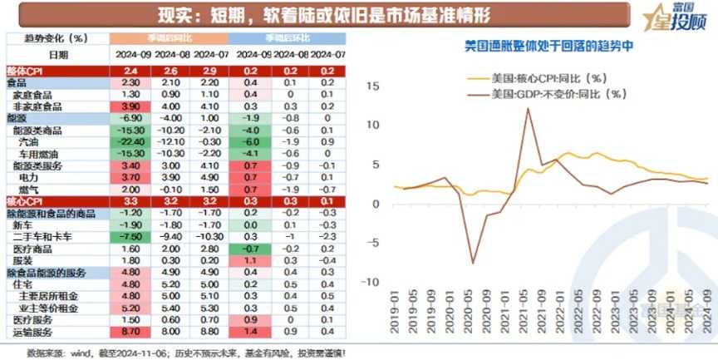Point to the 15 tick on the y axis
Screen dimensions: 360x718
[373, 86]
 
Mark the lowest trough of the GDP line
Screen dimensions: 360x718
[473, 264]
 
